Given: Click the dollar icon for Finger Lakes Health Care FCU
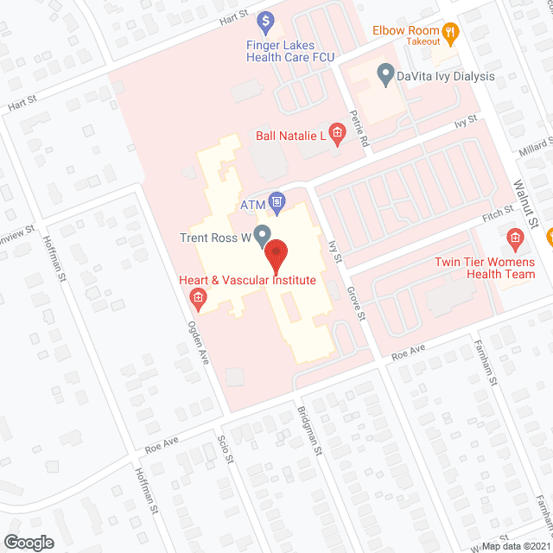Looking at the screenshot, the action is (x=267, y=18).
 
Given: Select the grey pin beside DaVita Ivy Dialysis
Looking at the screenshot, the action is (x=385, y=76).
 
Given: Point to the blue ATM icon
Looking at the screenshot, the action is (x=276, y=204).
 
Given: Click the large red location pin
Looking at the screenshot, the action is (x=275, y=257).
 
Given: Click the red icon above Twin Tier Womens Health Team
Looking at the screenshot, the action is (x=515, y=237).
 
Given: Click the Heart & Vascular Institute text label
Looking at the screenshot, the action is (x=247, y=280).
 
